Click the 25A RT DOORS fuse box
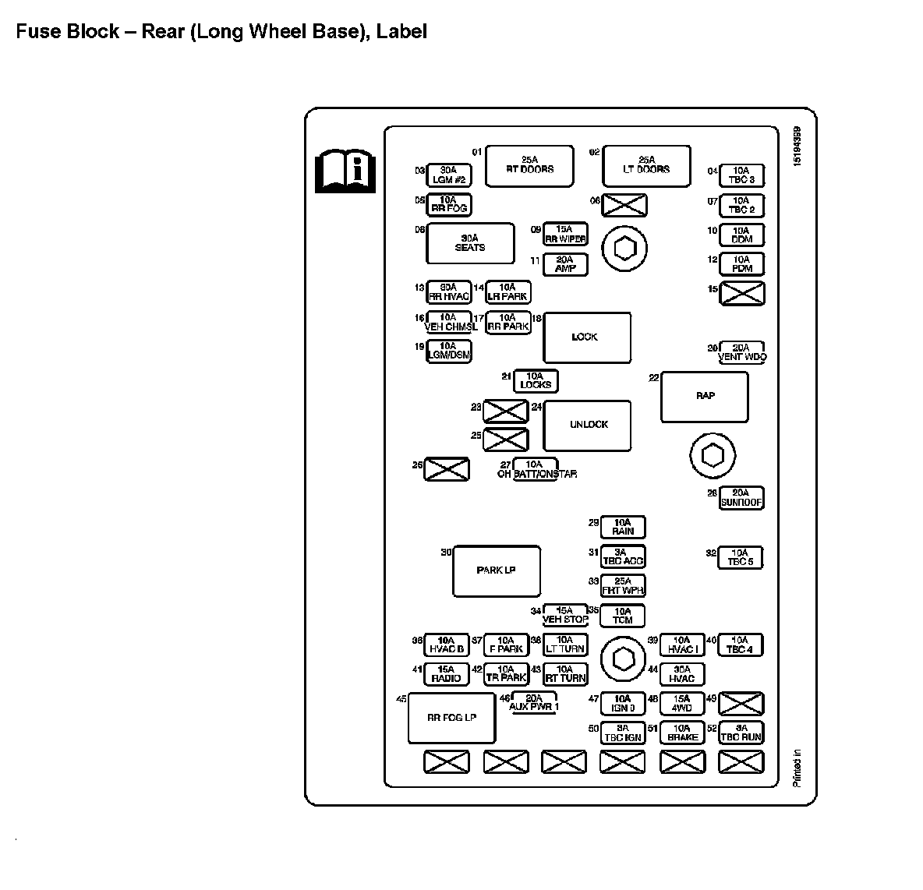(529, 165)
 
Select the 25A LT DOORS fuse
(646, 165)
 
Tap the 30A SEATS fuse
(470, 243)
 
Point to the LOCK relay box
(586, 337)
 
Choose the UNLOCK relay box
(587, 425)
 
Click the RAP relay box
(705, 397)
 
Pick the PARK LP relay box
(497, 571)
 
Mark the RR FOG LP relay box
(452, 718)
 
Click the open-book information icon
(345, 170)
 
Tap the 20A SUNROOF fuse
(741, 499)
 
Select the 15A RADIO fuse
(447, 674)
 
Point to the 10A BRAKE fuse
(682, 733)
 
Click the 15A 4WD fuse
(682, 704)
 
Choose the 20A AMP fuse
(565, 265)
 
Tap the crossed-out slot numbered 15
(741, 294)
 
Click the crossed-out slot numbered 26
(447, 469)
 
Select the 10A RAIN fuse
(623, 528)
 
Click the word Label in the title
(401, 32)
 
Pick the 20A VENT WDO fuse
(741, 353)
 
